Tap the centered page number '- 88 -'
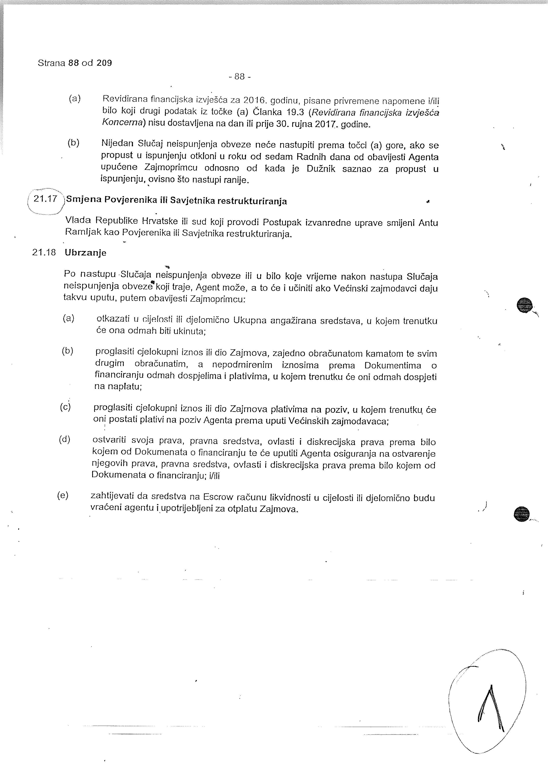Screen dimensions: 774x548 pos(239,77)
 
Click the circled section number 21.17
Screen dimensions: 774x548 pos(46,199)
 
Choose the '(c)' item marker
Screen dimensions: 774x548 pos(65,407)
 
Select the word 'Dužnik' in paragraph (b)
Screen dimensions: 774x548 pos(321,169)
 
